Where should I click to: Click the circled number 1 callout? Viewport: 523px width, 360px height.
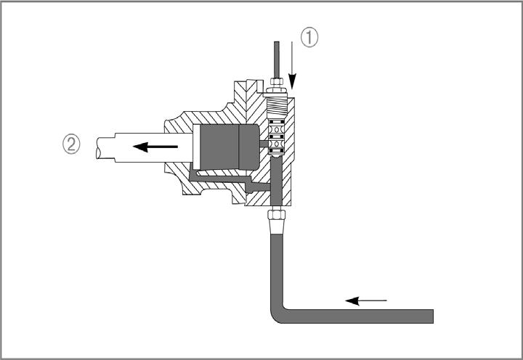click(x=309, y=37)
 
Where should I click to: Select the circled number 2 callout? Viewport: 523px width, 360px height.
click(x=71, y=144)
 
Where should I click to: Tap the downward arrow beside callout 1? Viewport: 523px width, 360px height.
click(x=292, y=65)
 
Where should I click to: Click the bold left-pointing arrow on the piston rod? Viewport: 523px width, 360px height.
click(x=155, y=147)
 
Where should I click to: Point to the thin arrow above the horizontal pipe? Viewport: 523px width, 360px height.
click(x=366, y=301)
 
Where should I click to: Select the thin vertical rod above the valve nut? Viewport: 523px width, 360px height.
click(x=277, y=60)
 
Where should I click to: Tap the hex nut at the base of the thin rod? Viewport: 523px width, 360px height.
click(x=277, y=82)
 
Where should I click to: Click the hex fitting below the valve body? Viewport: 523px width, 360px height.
click(x=277, y=213)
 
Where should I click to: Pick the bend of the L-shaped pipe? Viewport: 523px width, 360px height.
click(x=277, y=314)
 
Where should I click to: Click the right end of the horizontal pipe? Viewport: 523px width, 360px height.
click(x=433, y=316)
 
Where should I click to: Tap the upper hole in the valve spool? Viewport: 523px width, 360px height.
click(x=277, y=128)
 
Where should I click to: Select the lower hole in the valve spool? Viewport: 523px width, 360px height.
click(x=277, y=143)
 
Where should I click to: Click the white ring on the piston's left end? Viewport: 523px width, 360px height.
click(x=196, y=147)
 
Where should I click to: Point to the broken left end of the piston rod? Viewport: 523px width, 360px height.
click(x=98, y=147)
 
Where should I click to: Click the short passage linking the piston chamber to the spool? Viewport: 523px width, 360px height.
click(x=264, y=144)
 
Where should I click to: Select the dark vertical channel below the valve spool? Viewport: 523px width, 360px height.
click(x=276, y=181)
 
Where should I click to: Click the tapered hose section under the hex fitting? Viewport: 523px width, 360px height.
click(x=277, y=226)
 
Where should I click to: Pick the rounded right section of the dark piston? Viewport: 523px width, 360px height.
click(x=249, y=147)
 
